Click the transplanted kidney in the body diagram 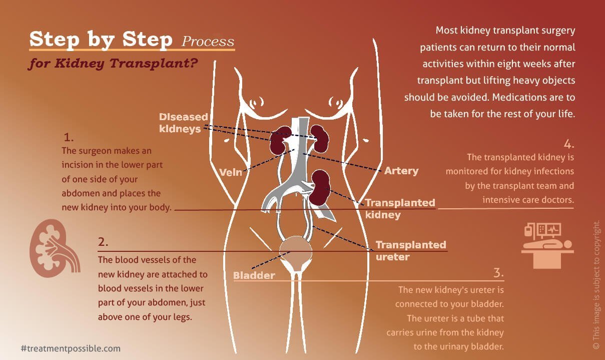(319, 188)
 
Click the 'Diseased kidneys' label (183, 123)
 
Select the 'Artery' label (401, 171)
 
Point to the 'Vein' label (231, 172)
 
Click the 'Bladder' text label (254, 275)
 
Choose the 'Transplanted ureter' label (410, 250)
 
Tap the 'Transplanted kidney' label (399, 209)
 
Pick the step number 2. (103, 242)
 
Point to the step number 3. (498, 273)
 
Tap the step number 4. (569, 144)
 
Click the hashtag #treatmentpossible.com (71, 348)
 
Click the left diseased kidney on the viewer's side (281, 140)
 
